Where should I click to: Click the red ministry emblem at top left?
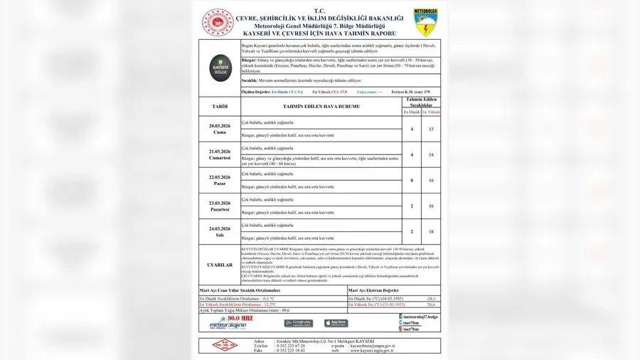click(x=217, y=23)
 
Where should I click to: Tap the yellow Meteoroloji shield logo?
click(x=425, y=22)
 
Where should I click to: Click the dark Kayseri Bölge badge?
click(x=220, y=68)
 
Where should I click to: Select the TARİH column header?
click(x=220, y=107)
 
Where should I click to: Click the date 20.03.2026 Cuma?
click(x=220, y=129)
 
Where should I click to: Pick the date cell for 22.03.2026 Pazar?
click(x=220, y=180)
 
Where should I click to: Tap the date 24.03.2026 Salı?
click(x=220, y=231)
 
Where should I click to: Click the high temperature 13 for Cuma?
click(x=431, y=129)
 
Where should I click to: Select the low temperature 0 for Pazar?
click(x=412, y=180)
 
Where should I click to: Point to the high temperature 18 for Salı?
click(x=431, y=231)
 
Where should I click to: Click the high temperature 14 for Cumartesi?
click(x=431, y=154)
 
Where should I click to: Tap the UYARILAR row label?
click(x=220, y=265)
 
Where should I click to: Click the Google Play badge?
click(x=298, y=323)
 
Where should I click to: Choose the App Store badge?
click(x=336, y=323)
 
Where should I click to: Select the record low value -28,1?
click(x=430, y=298)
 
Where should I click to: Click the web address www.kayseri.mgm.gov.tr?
click(x=372, y=349)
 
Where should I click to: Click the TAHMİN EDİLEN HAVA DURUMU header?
click(x=321, y=107)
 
